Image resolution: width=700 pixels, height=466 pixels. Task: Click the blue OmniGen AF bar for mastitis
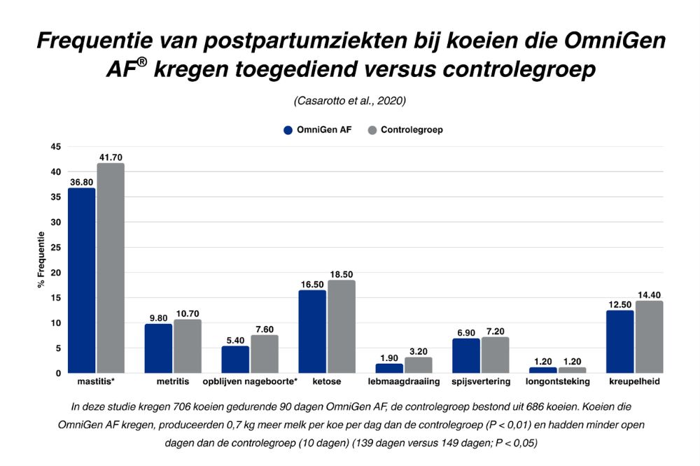pyautogui.click(x=81, y=280)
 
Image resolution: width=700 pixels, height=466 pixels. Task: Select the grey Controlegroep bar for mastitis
pyautogui.click(x=111, y=268)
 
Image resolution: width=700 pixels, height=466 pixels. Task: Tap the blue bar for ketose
pyautogui.click(x=312, y=332)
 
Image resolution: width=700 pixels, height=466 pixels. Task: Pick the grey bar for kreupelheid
pyautogui.click(x=649, y=337)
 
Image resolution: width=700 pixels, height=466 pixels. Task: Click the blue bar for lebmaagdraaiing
pyautogui.click(x=389, y=368)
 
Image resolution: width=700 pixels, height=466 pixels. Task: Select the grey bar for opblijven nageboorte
pyautogui.click(x=265, y=354)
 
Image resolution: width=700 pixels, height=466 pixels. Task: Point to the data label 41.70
pyautogui.click(x=111, y=157)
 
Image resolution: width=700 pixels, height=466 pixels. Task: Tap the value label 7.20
pyautogui.click(x=495, y=331)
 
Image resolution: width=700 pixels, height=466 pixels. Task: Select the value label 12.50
pyautogui.click(x=619, y=304)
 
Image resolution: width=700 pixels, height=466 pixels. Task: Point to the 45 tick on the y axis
pyautogui.click(x=55, y=146)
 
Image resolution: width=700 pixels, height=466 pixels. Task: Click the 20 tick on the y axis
pyautogui.click(x=55, y=272)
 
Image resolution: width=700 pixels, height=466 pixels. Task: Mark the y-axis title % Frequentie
pyautogui.click(x=41, y=260)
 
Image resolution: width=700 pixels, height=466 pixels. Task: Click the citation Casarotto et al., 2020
pyautogui.click(x=350, y=101)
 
